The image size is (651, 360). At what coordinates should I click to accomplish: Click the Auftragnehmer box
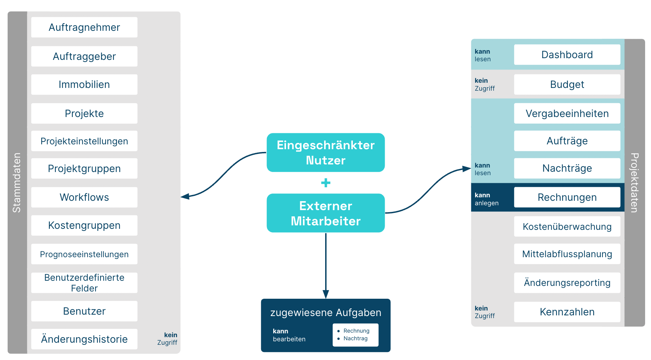[x=84, y=27]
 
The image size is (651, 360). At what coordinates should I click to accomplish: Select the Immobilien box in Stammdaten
[x=84, y=84]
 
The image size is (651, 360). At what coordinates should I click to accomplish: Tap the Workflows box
[x=84, y=197]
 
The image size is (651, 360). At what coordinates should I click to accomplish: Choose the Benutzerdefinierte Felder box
[x=84, y=283]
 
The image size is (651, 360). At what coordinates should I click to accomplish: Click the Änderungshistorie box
[x=84, y=339]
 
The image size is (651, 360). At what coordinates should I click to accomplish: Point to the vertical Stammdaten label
[x=17, y=182]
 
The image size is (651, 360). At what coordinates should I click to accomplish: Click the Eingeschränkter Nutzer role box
[x=325, y=153]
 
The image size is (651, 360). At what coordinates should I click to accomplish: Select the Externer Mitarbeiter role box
[x=325, y=213]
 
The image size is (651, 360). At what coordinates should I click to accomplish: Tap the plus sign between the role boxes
[x=325, y=183]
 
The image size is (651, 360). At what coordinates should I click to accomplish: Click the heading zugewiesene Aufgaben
[x=325, y=313]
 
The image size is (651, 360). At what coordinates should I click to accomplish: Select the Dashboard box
[x=567, y=55]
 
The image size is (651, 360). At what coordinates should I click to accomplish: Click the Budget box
[x=567, y=84]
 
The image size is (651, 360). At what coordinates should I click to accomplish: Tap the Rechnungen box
[x=567, y=197]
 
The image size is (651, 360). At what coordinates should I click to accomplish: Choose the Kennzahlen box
[x=567, y=312]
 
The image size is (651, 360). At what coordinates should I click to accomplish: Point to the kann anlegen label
[x=487, y=199]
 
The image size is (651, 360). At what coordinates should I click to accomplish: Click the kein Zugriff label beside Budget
[x=485, y=84]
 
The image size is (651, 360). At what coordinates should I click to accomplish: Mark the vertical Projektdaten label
[x=634, y=182]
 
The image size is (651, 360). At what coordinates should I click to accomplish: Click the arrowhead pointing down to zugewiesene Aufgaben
[x=325, y=294]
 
